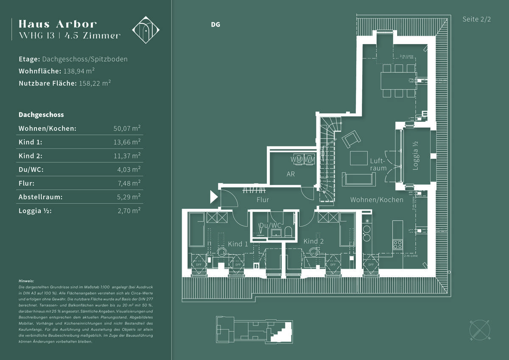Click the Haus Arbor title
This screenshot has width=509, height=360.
point(58,24)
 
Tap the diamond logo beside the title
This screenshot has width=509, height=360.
point(146,30)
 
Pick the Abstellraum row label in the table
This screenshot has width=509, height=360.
point(40,197)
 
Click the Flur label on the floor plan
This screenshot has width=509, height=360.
point(263,200)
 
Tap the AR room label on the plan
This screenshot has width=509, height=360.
point(291,174)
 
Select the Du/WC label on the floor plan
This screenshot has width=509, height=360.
point(270,225)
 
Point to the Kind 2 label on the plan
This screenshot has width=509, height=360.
point(313,241)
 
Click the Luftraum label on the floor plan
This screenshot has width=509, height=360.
point(378,165)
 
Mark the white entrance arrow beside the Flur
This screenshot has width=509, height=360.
point(214,197)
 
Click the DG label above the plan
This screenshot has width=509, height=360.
point(215,25)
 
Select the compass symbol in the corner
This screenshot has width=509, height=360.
point(480,329)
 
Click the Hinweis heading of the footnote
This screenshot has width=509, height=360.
point(26,281)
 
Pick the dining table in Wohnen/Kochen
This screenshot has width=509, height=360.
point(398,81)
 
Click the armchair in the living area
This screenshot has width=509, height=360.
point(352,139)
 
